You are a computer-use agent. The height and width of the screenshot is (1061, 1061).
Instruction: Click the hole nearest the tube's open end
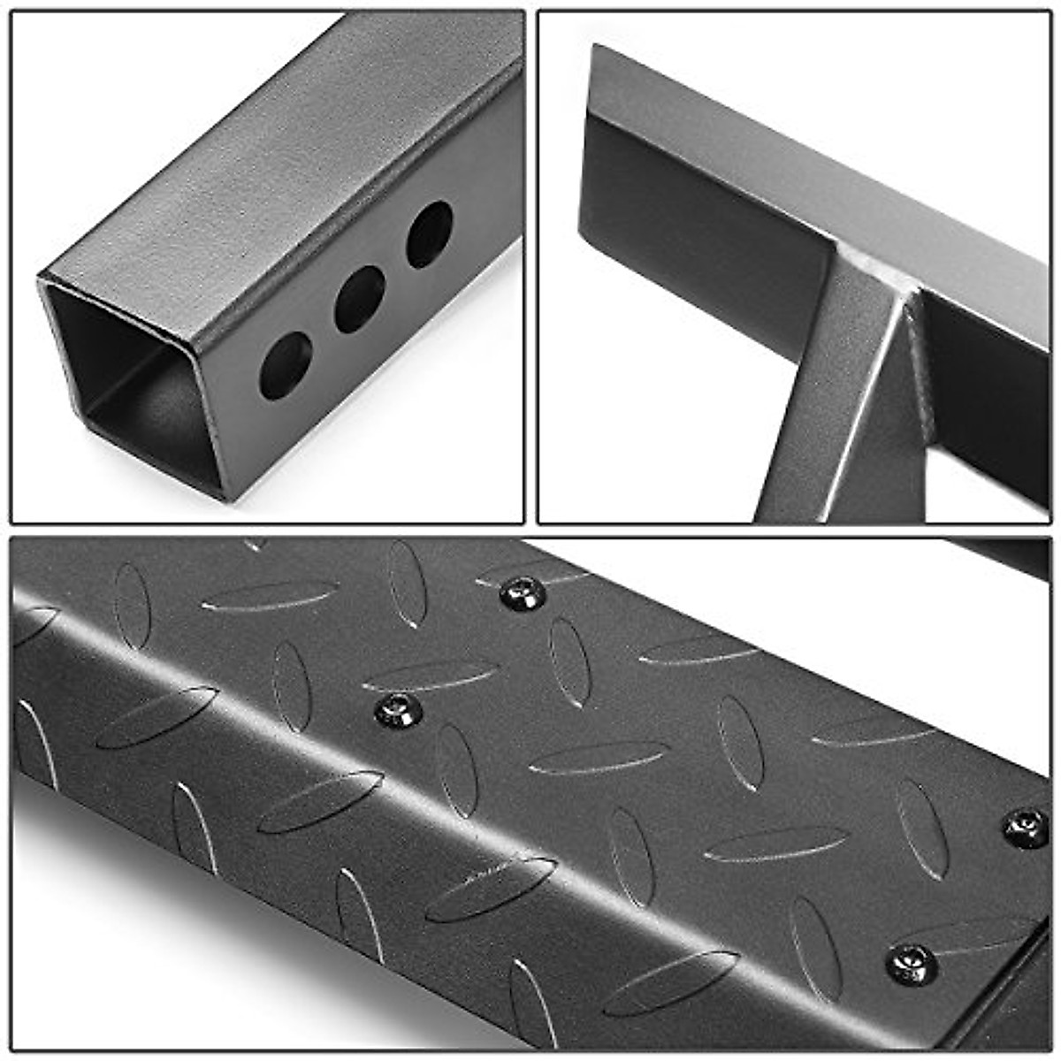click(x=286, y=364)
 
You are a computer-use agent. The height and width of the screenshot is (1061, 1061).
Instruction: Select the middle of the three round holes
click(x=360, y=299)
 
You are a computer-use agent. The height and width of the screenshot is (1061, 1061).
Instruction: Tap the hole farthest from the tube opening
click(x=430, y=233)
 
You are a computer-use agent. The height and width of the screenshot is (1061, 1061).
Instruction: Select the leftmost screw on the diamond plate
click(x=397, y=710)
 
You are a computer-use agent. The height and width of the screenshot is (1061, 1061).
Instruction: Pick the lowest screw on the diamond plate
click(x=911, y=962)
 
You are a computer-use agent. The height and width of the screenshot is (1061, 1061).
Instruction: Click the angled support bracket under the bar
click(x=840, y=416)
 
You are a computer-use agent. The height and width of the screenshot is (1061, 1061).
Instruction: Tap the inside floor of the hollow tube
click(x=150, y=424)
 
